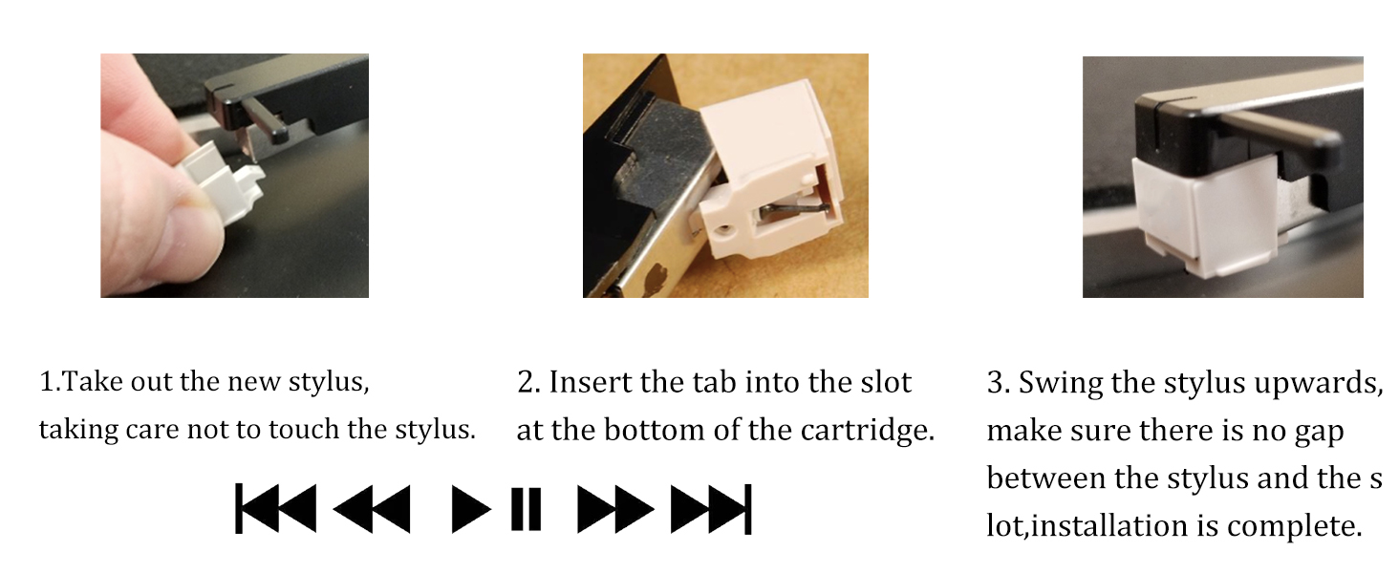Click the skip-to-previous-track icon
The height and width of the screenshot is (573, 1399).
tap(275, 509)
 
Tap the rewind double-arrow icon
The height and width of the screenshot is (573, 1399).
tap(372, 509)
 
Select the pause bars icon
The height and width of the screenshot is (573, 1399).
tap(526, 509)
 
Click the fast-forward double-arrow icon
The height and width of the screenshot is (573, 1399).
tap(615, 509)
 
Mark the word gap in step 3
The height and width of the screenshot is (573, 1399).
tap(1314, 432)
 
